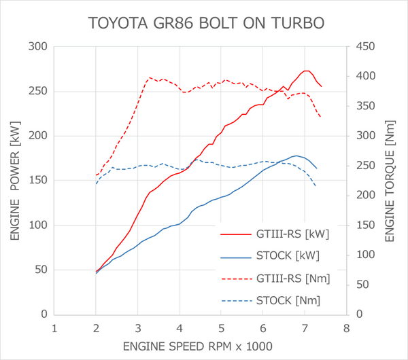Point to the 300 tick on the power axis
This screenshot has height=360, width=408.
pos(39,47)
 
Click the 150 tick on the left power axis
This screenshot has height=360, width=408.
pos(39,181)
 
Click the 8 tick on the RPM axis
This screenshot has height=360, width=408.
pos(347,327)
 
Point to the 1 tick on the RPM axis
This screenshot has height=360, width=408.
pos(54,327)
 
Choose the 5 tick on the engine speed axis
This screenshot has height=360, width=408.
pos(222,327)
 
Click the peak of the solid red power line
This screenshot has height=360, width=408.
pos(307,71)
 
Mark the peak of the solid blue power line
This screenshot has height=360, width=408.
pos(296,156)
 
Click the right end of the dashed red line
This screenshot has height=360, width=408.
pos(320,118)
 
